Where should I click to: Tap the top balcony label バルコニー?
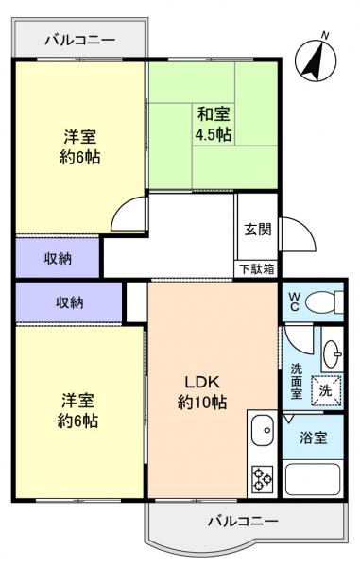pyautogui.click(x=80, y=40)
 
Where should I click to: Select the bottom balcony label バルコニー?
pyautogui.click(x=243, y=521)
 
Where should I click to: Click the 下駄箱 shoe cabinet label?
pyautogui.click(x=255, y=268)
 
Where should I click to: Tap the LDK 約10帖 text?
pyautogui.click(x=202, y=392)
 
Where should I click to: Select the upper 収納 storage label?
pyautogui.click(x=59, y=257)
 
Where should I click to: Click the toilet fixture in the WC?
pyautogui.click(x=324, y=301)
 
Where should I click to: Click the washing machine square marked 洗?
pyautogui.click(x=324, y=390)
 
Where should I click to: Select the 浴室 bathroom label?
pyautogui.click(x=314, y=439)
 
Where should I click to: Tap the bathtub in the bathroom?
pyautogui.click(x=314, y=480)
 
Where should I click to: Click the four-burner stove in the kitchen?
pyautogui.click(x=262, y=478)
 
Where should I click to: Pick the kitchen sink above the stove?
pyautogui.click(x=261, y=433)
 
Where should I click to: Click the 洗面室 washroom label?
pyautogui.click(x=297, y=381)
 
